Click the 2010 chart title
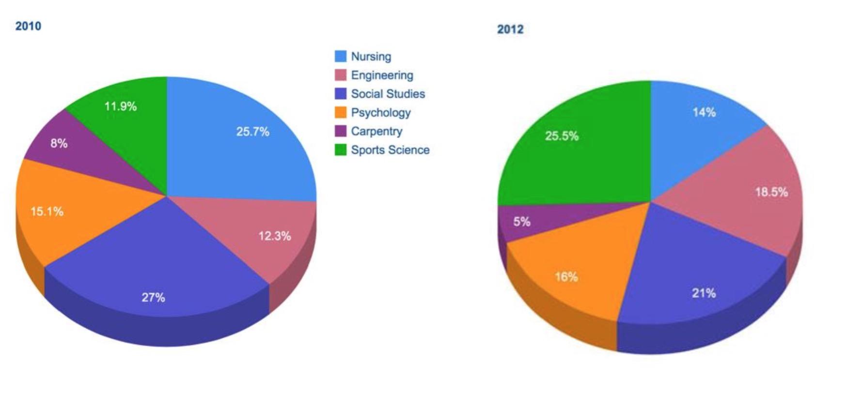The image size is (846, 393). click(x=28, y=26)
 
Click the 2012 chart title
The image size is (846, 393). click(x=510, y=30)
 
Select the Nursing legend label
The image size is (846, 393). click(x=371, y=57)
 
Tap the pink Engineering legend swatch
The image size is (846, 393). click(x=341, y=75)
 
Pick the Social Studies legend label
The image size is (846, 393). click(x=388, y=94)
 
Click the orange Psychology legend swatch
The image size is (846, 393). click(x=341, y=113)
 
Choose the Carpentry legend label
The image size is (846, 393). click(x=376, y=131)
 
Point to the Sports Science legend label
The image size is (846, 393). click(x=390, y=150)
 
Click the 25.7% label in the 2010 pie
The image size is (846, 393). click(x=252, y=132)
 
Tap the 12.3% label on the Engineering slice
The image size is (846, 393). click(x=274, y=236)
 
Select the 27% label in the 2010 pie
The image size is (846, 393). click(x=153, y=298)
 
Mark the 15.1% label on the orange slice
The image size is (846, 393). click(x=47, y=212)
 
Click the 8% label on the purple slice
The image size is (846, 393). click(x=59, y=143)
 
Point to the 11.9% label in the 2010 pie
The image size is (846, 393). click(x=121, y=106)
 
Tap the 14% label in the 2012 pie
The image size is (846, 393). click(x=704, y=112)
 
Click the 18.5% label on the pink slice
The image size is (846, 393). click(x=771, y=192)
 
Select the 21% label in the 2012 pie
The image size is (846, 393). click(x=704, y=293)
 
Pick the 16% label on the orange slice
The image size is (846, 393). click(x=566, y=277)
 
